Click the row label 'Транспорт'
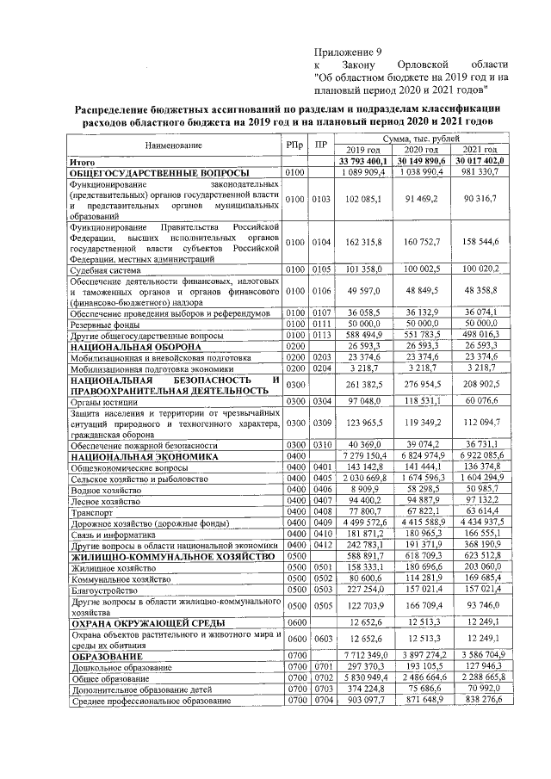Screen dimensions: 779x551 click(x=90, y=511)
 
